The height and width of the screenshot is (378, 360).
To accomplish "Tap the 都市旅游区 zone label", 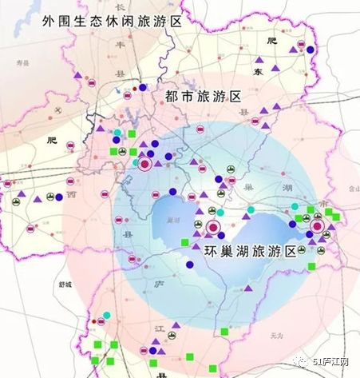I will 204,97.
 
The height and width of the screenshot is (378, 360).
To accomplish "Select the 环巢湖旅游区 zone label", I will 250,251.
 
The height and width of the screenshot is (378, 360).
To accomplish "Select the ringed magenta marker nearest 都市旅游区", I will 145,165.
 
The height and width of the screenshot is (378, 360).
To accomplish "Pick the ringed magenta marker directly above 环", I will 213,229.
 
